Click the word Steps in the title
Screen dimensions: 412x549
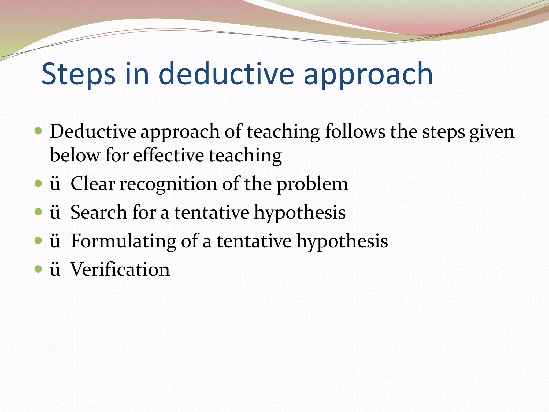(x=79, y=74)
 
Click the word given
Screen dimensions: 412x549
(x=492, y=132)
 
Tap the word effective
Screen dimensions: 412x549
(x=168, y=155)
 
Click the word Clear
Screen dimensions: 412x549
(x=93, y=184)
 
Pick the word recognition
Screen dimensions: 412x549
(x=168, y=185)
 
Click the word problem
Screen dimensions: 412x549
(x=312, y=185)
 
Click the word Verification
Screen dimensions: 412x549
(x=120, y=269)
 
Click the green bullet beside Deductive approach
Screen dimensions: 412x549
(x=39, y=131)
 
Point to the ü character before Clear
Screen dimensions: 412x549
(x=55, y=185)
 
